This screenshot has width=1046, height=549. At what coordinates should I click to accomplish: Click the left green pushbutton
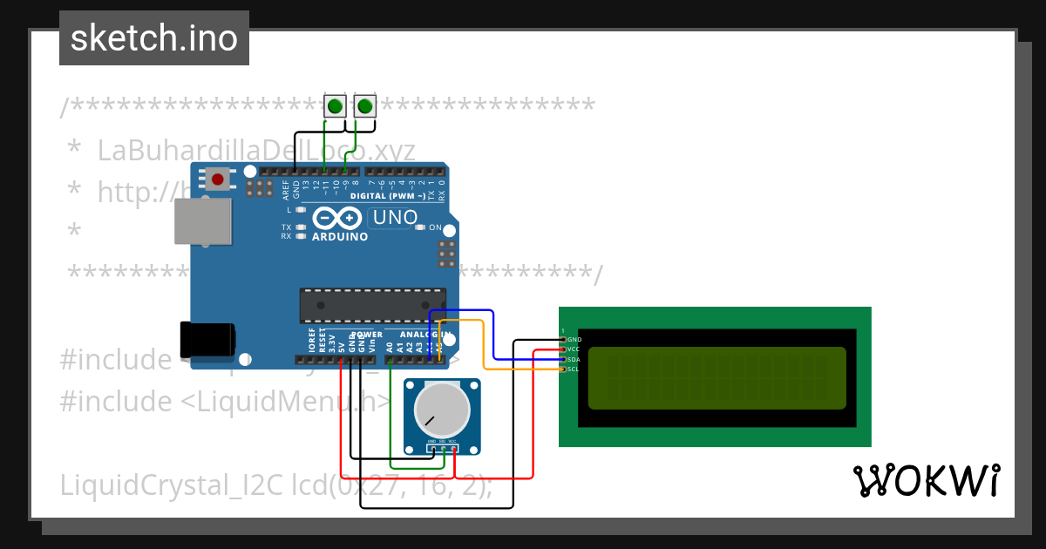(x=335, y=106)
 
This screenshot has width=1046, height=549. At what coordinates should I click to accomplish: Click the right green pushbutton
(x=364, y=106)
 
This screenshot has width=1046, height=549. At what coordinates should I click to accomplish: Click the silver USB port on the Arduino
(x=203, y=220)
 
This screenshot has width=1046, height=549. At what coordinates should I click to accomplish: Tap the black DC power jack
(x=207, y=338)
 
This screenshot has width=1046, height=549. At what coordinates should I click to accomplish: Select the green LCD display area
(x=717, y=378)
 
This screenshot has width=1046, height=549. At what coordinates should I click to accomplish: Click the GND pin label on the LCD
(x=574, y=339)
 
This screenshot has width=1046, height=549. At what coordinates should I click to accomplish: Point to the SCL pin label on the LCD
(x=574, y=369)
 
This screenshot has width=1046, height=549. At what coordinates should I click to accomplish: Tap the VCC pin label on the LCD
(x=574, y=349)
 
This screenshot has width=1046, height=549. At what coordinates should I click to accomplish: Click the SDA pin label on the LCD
(x=574, y=359)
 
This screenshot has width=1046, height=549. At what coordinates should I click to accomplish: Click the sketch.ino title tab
(x=154, y=38)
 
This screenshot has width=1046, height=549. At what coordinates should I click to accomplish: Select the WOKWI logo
(x=926, y=481)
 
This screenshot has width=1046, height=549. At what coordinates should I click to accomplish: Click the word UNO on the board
(x=395, y=217)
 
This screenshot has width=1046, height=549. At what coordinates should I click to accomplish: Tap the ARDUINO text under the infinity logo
(x=339, y=236)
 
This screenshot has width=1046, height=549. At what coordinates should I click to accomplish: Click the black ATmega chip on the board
(x=372, y=305)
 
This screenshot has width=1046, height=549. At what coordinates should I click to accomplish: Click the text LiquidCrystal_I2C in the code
(x=173, y=485)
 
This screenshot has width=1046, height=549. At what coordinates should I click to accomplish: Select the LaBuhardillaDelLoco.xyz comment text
(x=255, y=150)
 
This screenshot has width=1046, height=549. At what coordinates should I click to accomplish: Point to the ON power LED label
(x=435, y=227)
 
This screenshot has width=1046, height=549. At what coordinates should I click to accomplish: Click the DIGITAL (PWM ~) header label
(x=387, y=197)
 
